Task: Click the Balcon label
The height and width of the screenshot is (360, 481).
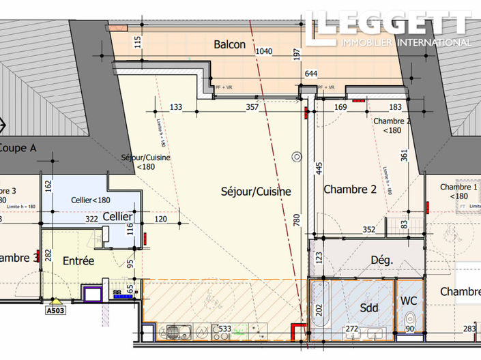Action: pyautogui.click(x=229, y=44)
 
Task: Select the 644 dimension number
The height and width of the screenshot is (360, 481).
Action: pyautogui.click(x=311, y=74)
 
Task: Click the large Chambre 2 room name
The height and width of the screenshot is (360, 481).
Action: pyautogui.click(x=349, y=190)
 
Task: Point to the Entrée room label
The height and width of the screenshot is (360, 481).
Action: pyautogui.click(x=78, y=260)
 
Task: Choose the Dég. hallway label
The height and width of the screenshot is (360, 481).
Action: pyautogui.click(x=382, y=260)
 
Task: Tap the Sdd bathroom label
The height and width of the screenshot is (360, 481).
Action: pyautogui.click(x=369, y=307)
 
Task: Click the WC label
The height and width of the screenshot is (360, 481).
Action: pyautogui.click(x=409, y=300)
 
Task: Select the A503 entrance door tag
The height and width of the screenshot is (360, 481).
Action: pyautogui.click(x=56, y=310)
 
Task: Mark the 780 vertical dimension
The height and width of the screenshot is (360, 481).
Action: pyautogui.click(x=297, y=220)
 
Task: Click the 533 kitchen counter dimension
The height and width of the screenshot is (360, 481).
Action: pyautogui.click(x=224, y=329)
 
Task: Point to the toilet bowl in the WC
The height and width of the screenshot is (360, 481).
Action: pyautogui.click(x=409, y=319)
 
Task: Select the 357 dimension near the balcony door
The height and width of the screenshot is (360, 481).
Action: pyautogui.click(x=252, y=107)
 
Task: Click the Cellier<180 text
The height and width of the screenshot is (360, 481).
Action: pyautogui.click(x=91, y=200)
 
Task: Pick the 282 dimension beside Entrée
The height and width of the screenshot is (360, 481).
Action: pyautogui.click(x=48, y=255)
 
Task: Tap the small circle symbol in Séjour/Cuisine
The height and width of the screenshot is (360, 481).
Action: pyautogui.click(x=296, y=156)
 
